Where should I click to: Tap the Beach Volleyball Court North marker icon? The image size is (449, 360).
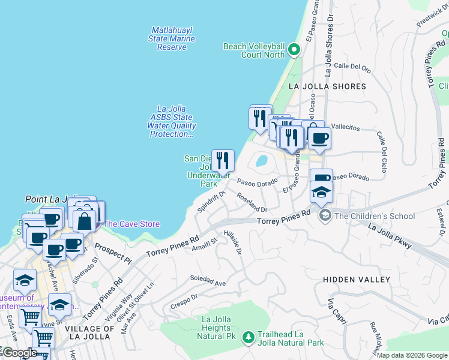(x=294, y=50)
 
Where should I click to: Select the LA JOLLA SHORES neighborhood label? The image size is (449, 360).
(x=327, y=86)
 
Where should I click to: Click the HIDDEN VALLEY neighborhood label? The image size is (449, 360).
(x=356, y=280)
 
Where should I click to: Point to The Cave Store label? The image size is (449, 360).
(x=132, y=224)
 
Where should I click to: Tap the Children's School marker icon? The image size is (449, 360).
(x=325, y=216)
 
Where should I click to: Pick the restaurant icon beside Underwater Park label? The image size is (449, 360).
(x=223, y=160)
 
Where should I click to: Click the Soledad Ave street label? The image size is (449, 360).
(x=208, y=280)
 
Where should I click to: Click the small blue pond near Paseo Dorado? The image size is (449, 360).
(x=262, y=161)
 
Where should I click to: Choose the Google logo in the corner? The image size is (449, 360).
(x=19, y=353)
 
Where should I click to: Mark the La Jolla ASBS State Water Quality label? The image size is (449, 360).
(x=172, y=122)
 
